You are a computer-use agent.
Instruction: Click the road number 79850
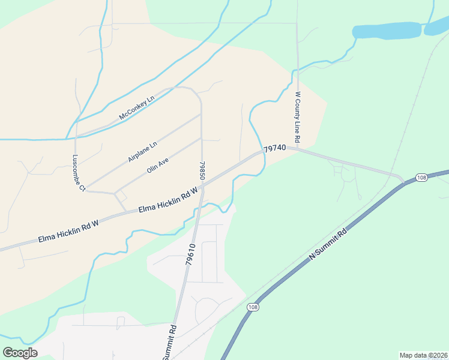pos(203,170)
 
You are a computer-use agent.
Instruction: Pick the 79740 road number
pos(274,148)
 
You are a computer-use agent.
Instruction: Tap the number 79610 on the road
pos(191,254)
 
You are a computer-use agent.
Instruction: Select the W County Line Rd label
pos(297,118)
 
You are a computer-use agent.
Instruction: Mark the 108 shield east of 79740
pos(421,178)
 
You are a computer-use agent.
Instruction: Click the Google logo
pos(20,353)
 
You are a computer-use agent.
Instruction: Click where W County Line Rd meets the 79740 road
pos(297,149)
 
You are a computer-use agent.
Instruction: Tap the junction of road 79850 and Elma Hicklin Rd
pos(202,187)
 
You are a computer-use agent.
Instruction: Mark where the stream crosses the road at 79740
pos(262,151)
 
